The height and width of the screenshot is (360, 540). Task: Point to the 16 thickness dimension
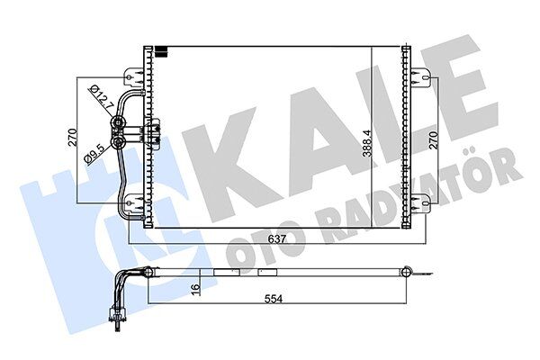point(195,288)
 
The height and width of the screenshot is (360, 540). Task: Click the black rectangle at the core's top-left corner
point(159,50)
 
